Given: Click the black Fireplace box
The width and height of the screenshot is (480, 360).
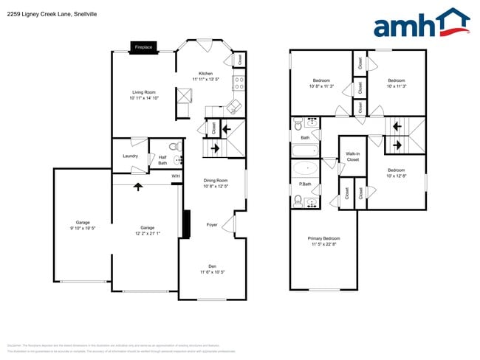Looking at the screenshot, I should [x=143, y=47].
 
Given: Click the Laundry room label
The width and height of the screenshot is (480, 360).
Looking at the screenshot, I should [x=130, y=156].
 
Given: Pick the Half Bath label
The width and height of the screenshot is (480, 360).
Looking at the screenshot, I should [x=162, y=160].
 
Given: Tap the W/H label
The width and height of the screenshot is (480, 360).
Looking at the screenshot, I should [x=176, y=176].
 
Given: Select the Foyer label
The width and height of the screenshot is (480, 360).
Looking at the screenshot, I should [x=212, y=224].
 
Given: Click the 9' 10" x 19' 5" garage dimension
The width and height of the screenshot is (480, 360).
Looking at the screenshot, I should [x=82, y=228].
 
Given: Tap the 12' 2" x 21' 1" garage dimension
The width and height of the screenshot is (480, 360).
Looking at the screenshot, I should [x=148, y=234].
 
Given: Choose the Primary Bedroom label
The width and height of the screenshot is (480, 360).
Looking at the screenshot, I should [x=323, y=238].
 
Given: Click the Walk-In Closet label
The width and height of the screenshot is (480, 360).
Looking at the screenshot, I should [x=352, y=156].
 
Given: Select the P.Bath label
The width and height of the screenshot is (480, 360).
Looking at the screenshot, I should [x=305, y=183].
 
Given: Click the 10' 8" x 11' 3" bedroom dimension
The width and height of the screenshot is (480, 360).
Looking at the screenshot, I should [x=321, y=86].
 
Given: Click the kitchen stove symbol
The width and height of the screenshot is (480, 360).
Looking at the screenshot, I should [x=239, y=82].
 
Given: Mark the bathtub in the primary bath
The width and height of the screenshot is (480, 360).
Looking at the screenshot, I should [x=304, y=167].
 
